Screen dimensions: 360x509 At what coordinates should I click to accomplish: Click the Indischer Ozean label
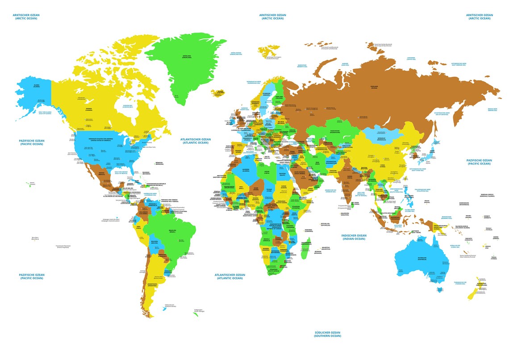point(353,237)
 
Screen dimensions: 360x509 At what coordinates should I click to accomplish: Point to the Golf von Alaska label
point(45,113)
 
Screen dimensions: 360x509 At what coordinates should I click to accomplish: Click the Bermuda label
point(159,163)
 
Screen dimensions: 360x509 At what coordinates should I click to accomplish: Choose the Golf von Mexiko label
point(121,172)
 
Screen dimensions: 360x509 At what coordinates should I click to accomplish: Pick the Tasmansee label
point(460,283)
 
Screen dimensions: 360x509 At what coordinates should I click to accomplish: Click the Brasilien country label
point(172,231)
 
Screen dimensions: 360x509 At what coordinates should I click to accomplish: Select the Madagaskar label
point(306,243)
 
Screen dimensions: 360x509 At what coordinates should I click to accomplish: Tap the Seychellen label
point(325,224)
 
